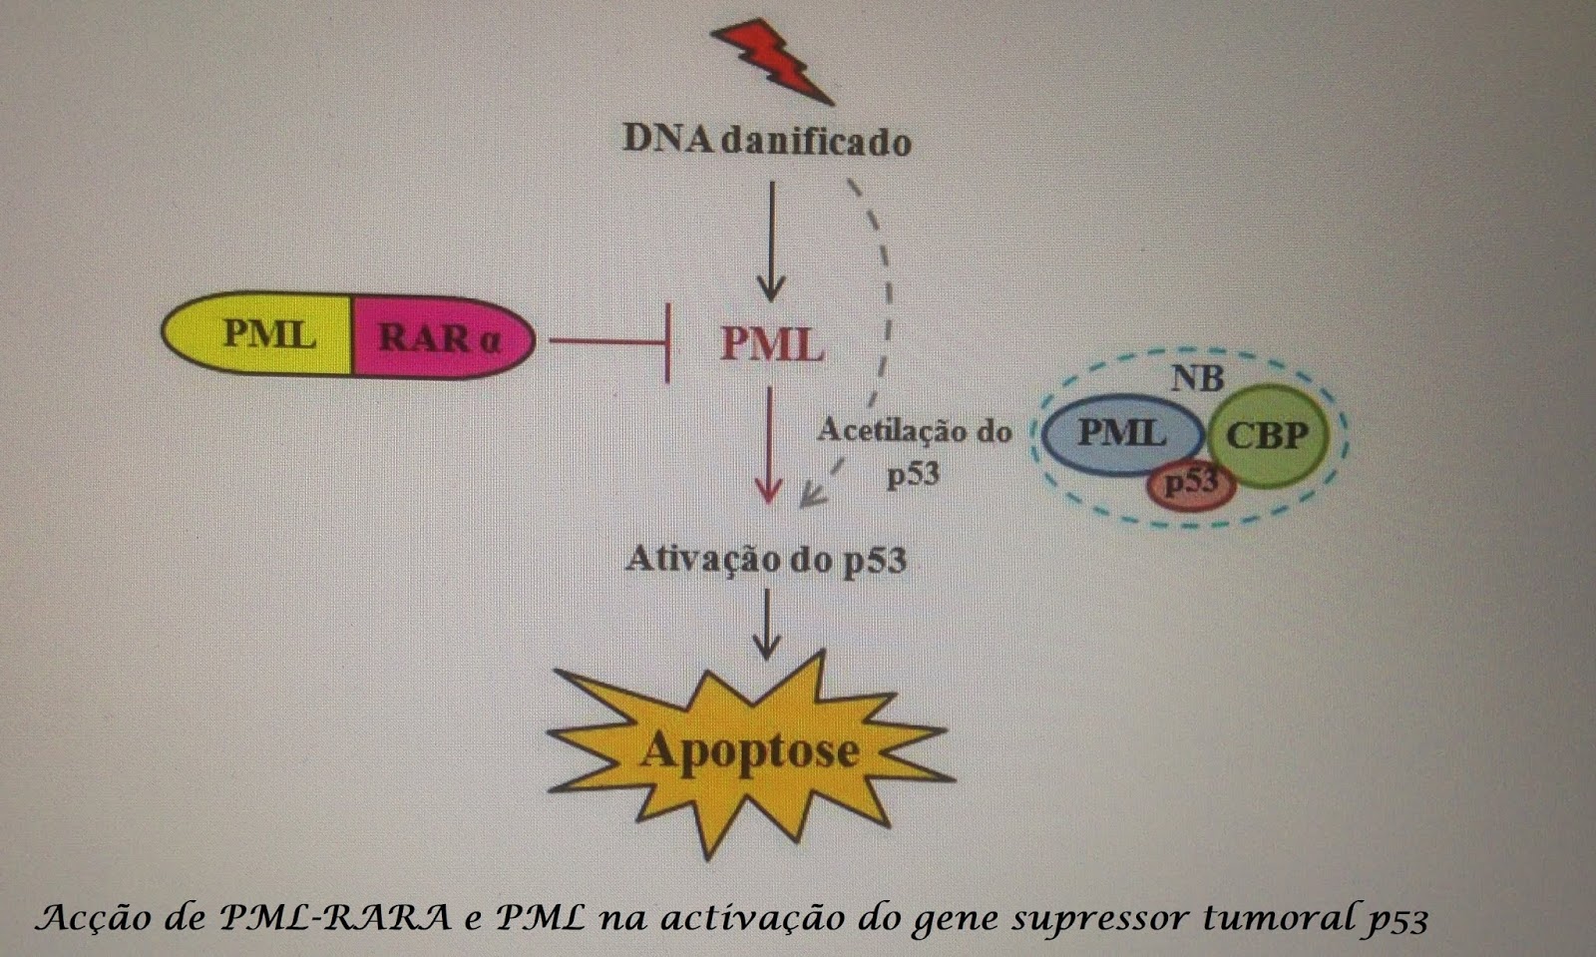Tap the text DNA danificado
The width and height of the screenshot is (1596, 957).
767,141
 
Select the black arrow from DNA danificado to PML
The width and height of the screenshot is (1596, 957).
769,239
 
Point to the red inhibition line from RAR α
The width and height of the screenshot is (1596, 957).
608,342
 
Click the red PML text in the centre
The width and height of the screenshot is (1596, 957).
771,345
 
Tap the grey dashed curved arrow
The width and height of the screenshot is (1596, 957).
884,299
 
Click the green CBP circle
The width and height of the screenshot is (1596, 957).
1267,435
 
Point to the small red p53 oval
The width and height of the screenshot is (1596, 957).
1192,485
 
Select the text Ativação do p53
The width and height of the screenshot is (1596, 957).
766,559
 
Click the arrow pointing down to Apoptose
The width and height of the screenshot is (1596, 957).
766,624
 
